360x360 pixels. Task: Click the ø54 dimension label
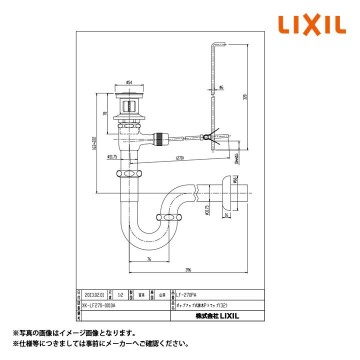[128, 82]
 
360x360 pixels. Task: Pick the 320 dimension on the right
[245, 97]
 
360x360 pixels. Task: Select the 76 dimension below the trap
[149, 259]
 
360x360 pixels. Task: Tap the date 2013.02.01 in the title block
[95, 294]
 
